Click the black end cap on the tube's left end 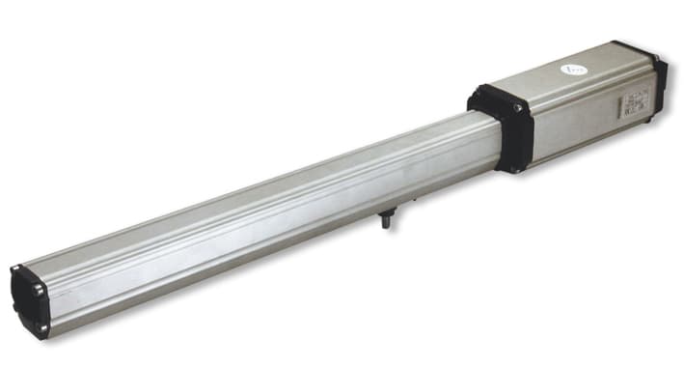(30, 300)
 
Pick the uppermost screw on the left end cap (16, 269)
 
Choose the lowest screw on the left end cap (42, 332)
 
